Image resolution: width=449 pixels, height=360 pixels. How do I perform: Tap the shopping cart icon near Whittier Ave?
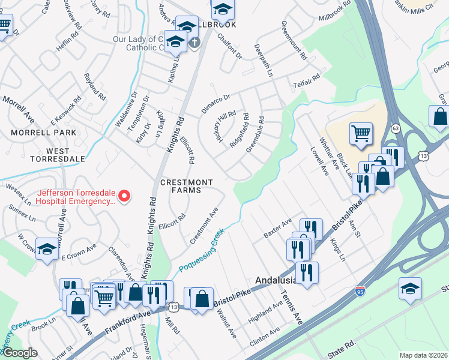(361, 134)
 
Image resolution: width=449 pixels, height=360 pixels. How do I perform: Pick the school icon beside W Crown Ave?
(47, 251)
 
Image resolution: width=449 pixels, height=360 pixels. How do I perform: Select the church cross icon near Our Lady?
(193, 43)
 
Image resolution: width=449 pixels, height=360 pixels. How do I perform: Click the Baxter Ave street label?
(277, 229)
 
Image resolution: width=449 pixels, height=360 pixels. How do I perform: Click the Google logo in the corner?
(19, 353)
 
